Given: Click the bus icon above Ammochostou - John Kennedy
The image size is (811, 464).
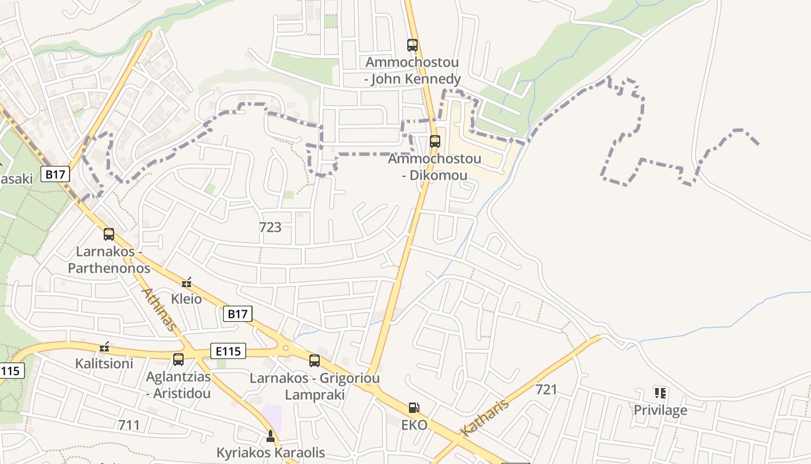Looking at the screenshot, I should pyautogui.click(x=412, y=45).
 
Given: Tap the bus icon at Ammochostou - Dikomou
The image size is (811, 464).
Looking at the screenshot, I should pyautogui.click(x=435, y=141).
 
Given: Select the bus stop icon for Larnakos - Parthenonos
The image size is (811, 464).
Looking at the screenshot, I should pyautogui.click(x=109, y=234).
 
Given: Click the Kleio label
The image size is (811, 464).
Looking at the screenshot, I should pyautogui.click(x=187, y=299).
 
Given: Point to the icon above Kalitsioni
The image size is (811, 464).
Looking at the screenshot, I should pyautogui.click(x=104, y=347).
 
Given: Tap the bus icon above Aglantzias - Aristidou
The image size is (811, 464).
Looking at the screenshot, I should pyautogui.click(x=178, y=359).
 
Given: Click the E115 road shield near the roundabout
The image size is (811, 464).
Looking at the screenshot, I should pyautogui.click(x=228, y=351).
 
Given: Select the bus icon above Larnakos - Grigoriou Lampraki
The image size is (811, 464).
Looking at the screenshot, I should pyautogui.click(x=315, y=361).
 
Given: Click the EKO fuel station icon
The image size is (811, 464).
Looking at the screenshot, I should pyautogui.click(x=414, y=408).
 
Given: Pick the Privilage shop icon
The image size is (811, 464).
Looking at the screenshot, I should pyautogui.click(x=660, y=393).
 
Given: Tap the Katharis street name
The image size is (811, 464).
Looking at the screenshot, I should pyautogui.click(x=485, y=417).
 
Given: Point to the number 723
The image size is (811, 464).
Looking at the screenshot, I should pyautogui.click(x=270, y=227).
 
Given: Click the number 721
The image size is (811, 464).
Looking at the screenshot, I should pyautogui.click(x=546, y=389).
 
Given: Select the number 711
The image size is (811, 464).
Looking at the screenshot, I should pyautogui.click(x=129, y=425).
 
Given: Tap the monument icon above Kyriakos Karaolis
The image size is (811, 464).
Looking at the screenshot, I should pyautogui.click(x=270, y=435).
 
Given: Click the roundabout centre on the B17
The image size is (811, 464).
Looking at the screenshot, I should pyautogui.click(x=285, y=348).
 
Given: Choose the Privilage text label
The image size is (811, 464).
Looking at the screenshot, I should pyautogui.click(x=660, y=410).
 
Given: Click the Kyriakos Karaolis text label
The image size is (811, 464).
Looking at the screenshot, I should pyautogui.click(x=271, y=452).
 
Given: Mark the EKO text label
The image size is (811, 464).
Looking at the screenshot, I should pyautogui.click(x=414, y=425).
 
